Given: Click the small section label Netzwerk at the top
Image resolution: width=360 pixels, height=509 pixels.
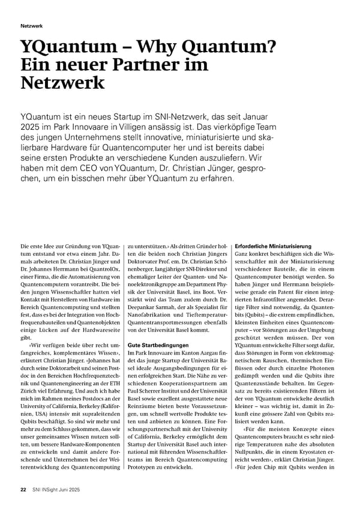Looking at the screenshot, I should click(31, 26).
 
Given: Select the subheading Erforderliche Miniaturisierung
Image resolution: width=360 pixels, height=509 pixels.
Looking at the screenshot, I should click(273, 246).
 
